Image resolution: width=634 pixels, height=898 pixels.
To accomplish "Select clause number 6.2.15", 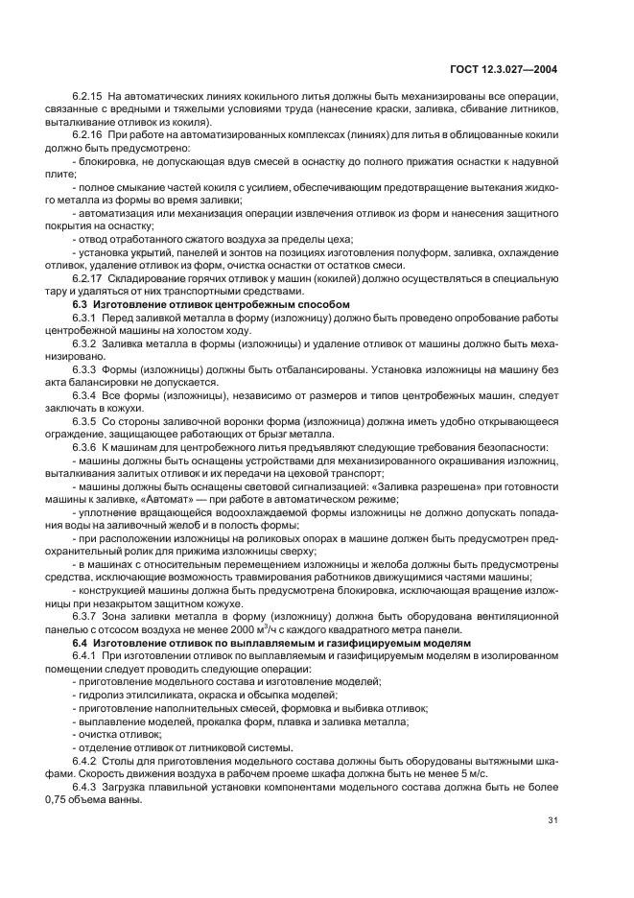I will (x=87, y=98).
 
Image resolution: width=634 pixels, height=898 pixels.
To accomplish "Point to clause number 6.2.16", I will (x=87, y=135).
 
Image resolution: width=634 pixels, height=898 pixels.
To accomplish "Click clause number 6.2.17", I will (x=87, y=278).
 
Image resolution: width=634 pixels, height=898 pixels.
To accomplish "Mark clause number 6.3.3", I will (x=84, y=367).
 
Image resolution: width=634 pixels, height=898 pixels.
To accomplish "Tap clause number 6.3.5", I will (x=84, y=419).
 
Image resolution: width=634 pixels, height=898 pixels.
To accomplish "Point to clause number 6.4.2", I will (x=84, y=757).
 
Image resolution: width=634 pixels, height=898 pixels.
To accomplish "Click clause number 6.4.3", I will (x=84, y=783).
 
